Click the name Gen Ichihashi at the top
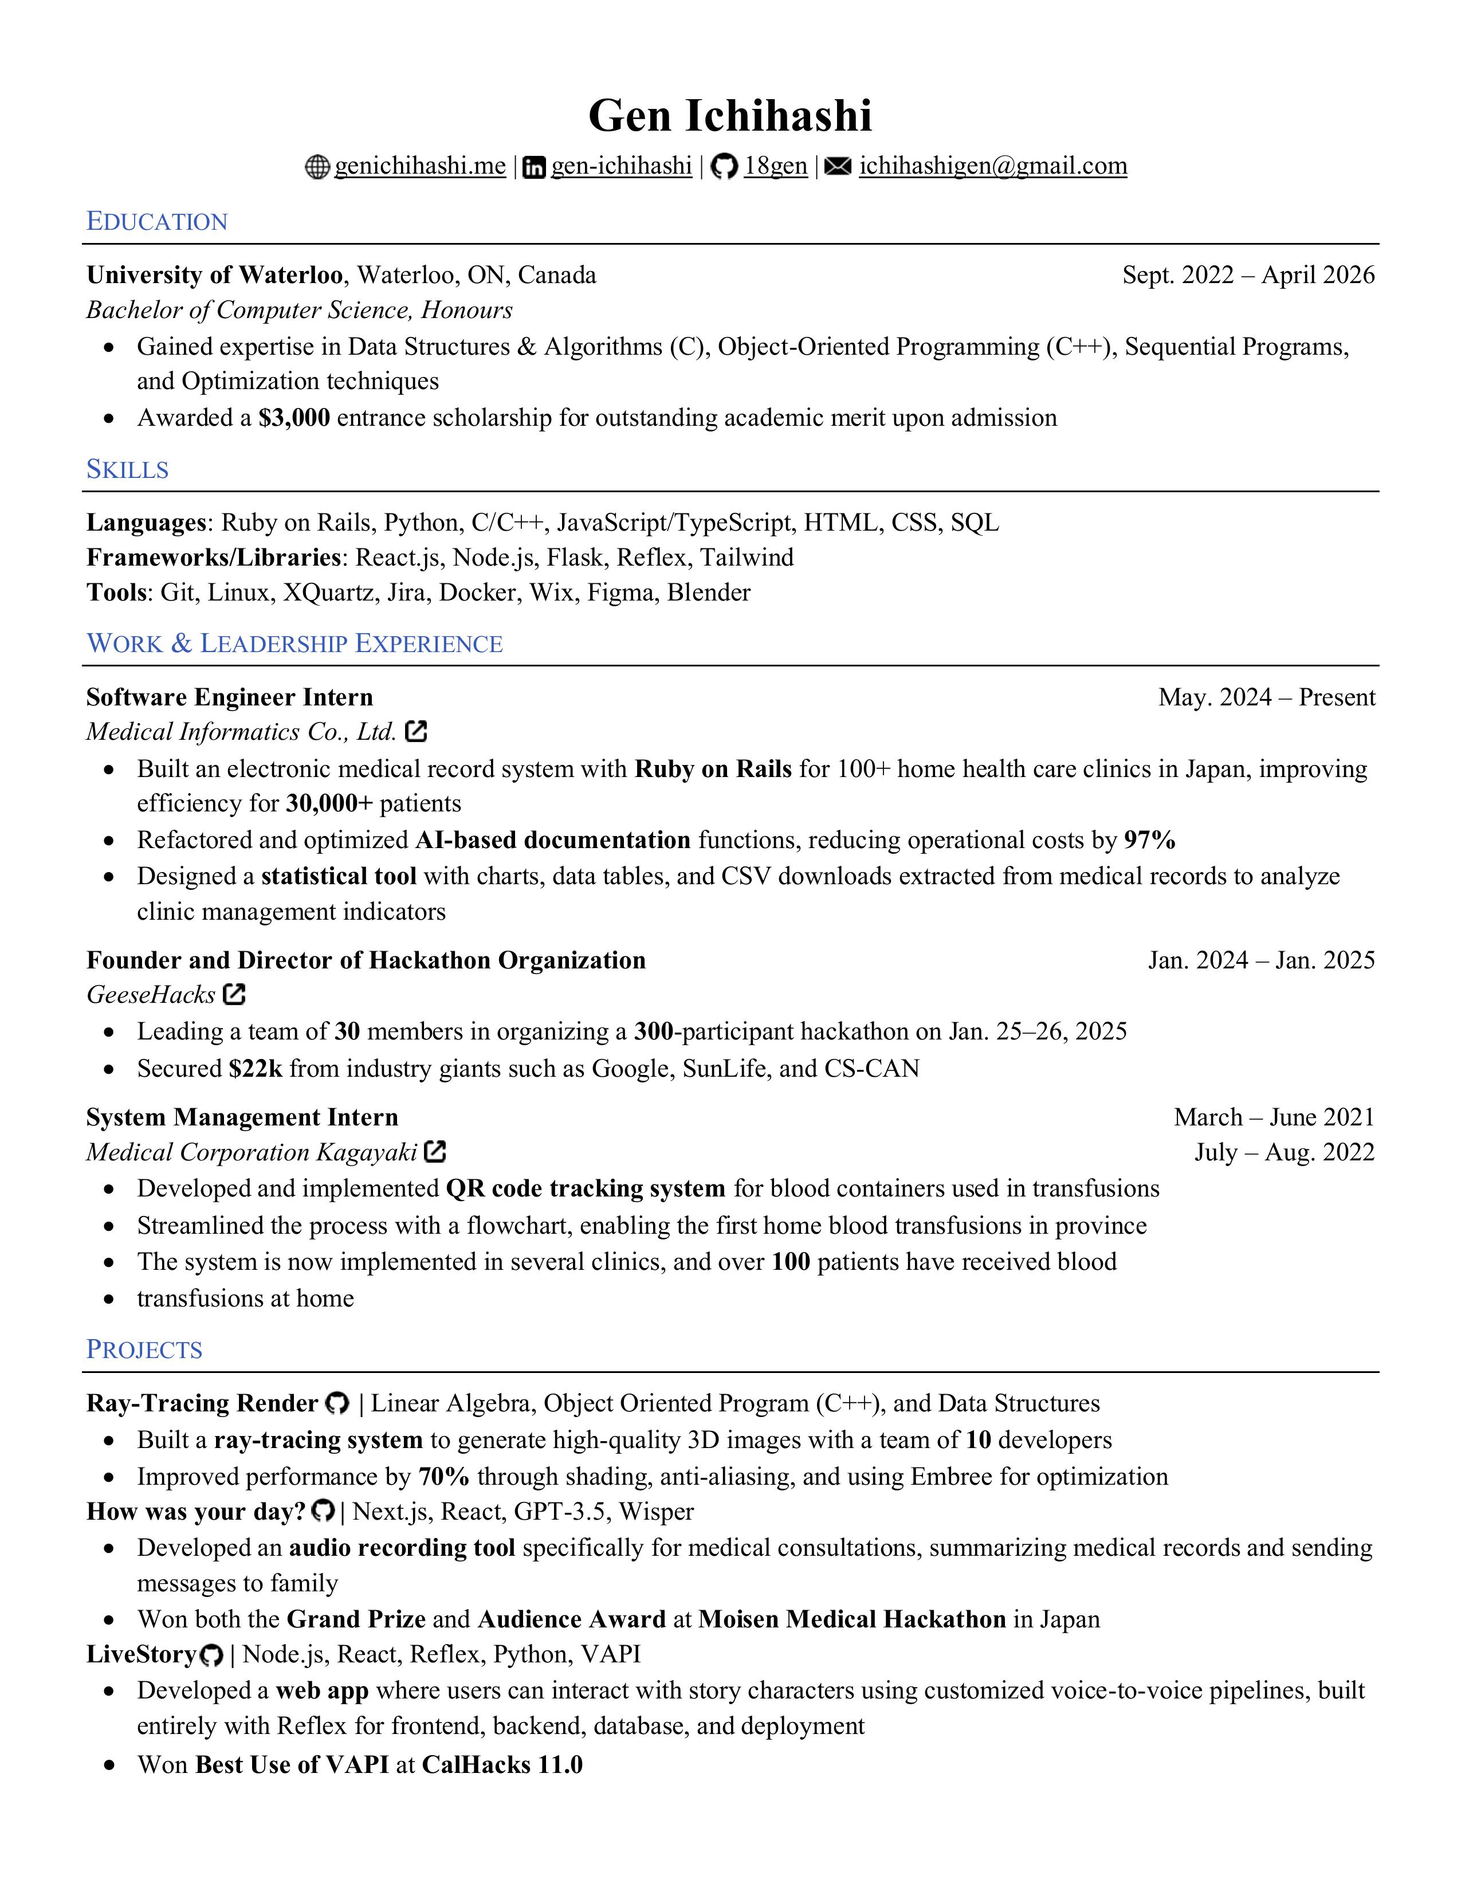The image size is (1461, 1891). (x=729, y=116)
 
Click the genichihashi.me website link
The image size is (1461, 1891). (x=420, y=166)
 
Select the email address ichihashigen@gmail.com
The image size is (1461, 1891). (x=993, y=166)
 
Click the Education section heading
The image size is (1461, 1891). (x=156, y=222)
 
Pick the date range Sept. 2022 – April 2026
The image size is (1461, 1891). (x=1248, y=274)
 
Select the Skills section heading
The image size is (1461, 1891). (x=127, y=469)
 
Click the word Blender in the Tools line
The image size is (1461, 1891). (x=708, y=593)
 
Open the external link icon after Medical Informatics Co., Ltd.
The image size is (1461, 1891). (x=417, y=732)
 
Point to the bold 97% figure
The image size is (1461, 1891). (x=1149, y=840)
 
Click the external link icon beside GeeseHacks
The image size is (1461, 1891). (x=234, y=994)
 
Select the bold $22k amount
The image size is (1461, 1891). (x=256, y=1069)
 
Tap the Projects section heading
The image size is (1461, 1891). (x=144, y=1350)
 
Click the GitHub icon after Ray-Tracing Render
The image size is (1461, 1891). (x=337, y=1403)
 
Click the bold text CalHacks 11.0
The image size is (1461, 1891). (x=502, y=1764)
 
